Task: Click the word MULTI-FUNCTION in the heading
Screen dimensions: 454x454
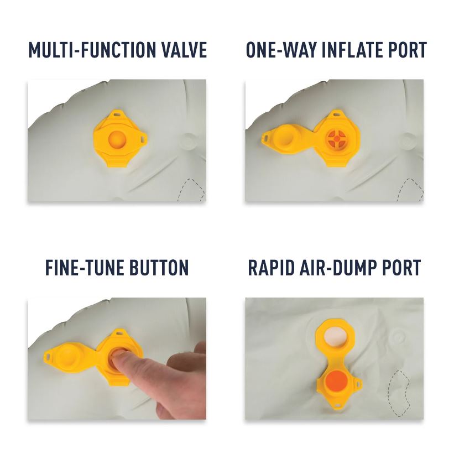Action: click(x=92, y=50)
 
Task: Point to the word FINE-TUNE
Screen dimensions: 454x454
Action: click(x=85, y=268)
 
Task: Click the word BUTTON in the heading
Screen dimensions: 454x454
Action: click(x=159, y=268)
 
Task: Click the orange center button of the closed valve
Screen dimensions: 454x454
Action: click(x=117, y=139)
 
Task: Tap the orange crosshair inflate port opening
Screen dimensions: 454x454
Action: click(x=336, y=139)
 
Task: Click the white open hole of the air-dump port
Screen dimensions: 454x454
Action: click(x=335, y=337)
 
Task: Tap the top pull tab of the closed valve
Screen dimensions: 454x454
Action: click(x=118, y=113)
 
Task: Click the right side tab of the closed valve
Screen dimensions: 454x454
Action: click(x=143, y=139)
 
